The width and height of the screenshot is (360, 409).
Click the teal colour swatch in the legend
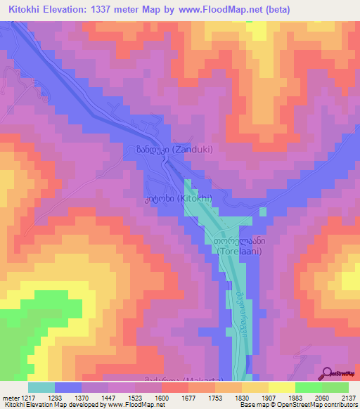(41, 387)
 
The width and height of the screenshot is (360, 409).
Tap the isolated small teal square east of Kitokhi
(263, 211)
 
